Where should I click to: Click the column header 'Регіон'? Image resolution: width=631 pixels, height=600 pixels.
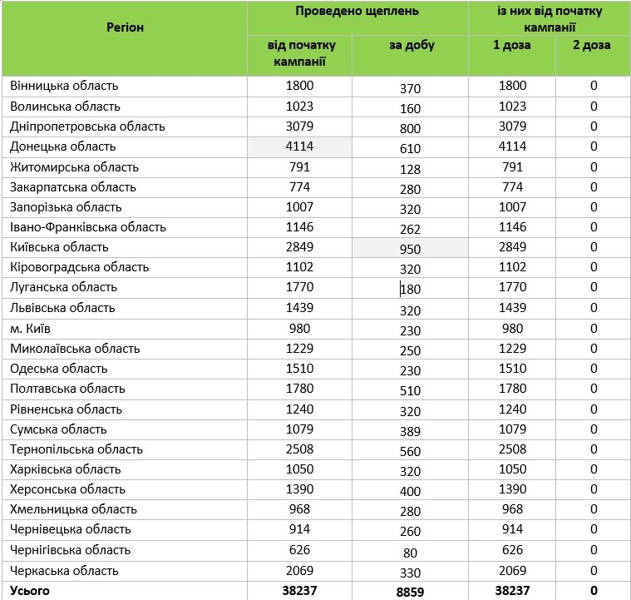125,27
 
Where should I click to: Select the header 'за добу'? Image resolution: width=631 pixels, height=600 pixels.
411,46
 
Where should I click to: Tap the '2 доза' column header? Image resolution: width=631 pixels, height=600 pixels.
592,45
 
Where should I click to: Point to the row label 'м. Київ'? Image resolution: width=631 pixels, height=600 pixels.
32,328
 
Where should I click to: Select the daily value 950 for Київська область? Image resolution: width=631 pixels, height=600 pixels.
410,249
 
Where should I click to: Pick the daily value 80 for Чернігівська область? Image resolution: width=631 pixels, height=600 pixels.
410,551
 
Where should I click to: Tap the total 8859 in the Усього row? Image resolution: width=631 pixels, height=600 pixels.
410,593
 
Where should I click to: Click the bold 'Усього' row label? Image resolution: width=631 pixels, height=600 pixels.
30,591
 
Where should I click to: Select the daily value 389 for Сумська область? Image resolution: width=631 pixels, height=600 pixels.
410,430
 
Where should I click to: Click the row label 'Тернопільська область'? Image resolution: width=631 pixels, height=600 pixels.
76,449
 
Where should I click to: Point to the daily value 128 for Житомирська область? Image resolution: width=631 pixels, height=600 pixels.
410,169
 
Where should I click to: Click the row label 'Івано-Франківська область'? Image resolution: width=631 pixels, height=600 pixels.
88,227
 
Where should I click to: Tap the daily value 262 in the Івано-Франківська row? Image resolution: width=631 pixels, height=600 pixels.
410,229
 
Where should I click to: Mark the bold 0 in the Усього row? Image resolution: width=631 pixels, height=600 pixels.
594,591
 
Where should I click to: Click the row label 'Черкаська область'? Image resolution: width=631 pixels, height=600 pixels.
64,571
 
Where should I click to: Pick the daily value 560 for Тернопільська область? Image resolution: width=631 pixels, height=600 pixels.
410,450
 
